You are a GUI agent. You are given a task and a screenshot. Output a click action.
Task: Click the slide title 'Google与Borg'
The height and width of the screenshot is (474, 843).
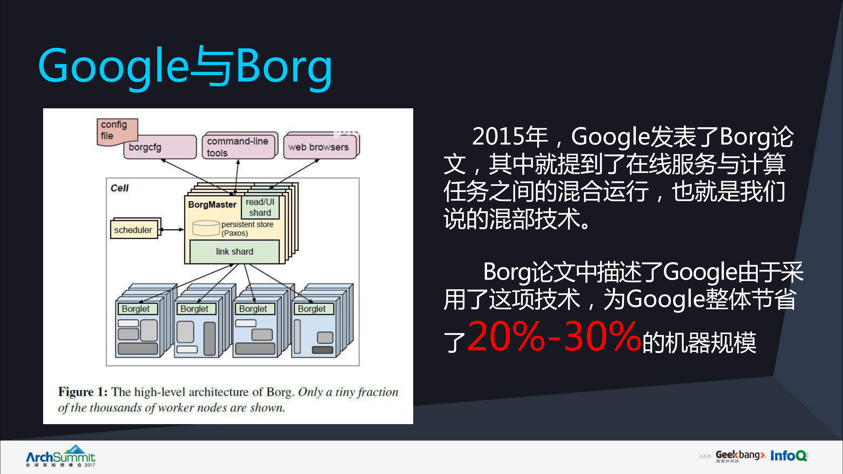coord(185,67)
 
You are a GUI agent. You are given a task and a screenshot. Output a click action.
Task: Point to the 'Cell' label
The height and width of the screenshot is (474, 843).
coord(119,188)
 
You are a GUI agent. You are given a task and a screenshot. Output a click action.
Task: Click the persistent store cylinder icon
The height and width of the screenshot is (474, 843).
coord(206,228)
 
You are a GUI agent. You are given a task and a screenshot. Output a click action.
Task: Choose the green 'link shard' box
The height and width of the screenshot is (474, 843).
coord(234,252)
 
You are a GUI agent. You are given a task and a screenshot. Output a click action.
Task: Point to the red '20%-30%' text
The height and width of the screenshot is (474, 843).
coord(553,336)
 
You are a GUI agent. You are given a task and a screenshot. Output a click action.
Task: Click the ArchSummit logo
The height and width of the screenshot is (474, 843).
coord(61,456)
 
